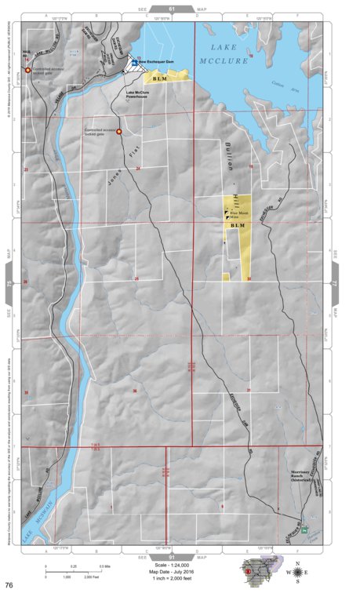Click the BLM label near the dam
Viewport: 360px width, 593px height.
162,78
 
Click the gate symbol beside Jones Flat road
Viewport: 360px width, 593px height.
118,132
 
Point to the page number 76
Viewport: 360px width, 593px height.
9,585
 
